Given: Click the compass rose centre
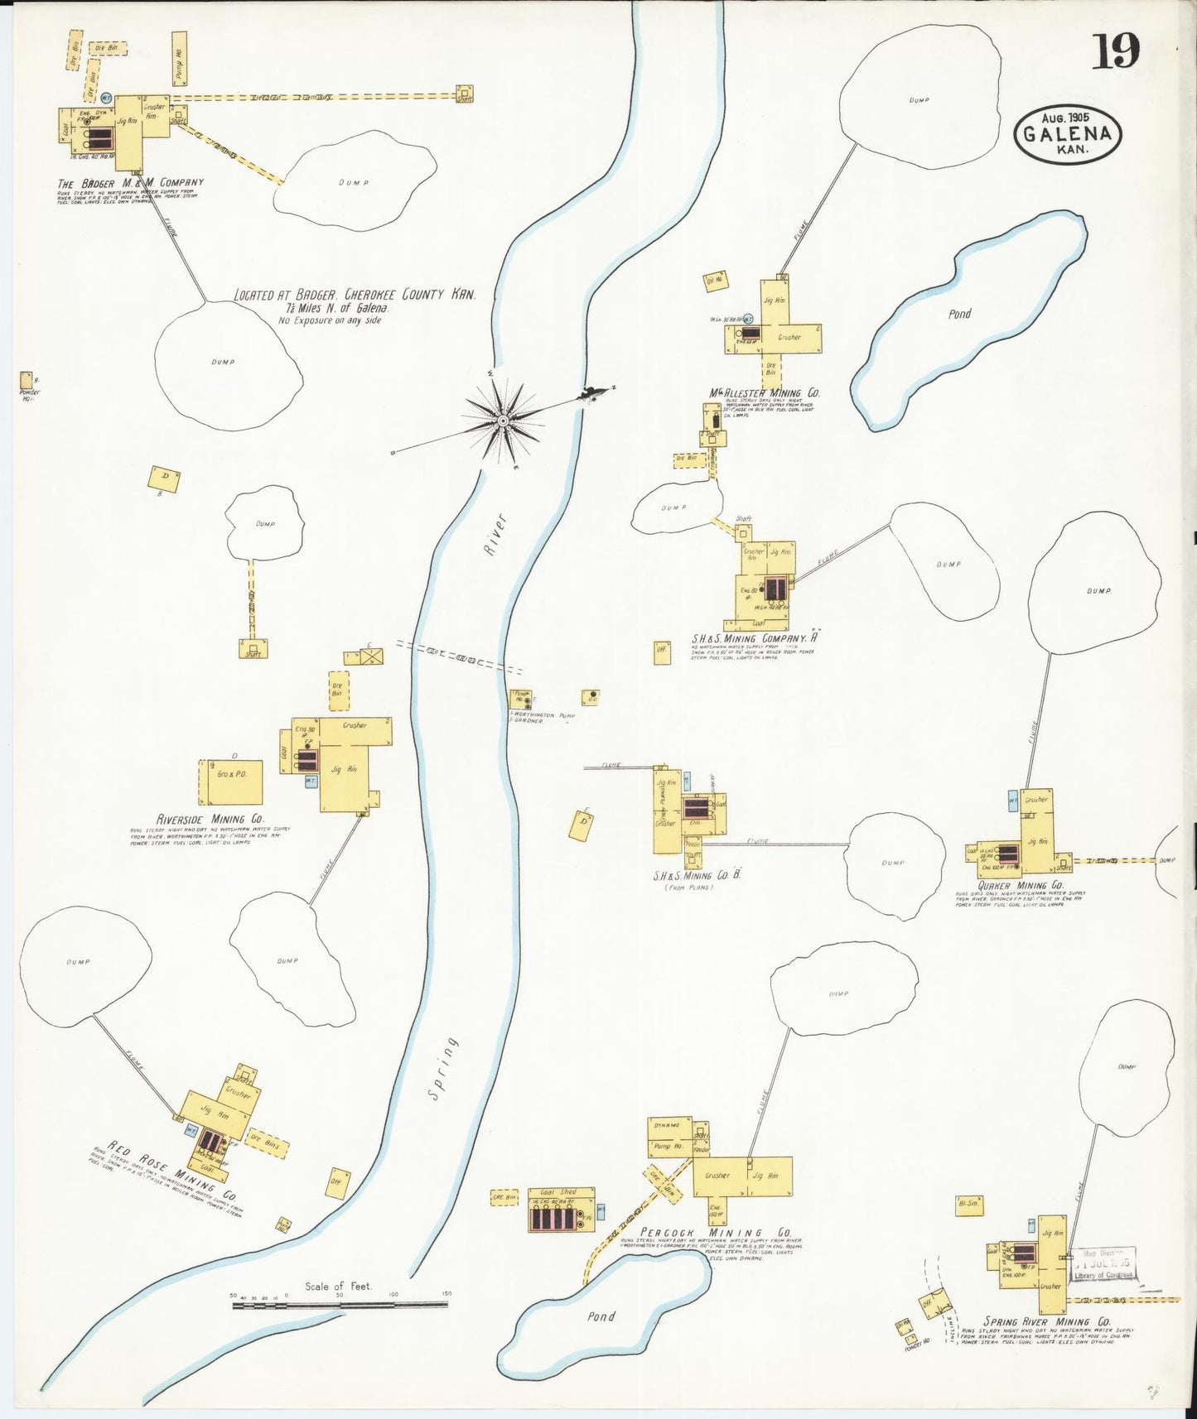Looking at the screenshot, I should (503, 421).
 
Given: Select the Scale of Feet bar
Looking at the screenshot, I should (340, 1305).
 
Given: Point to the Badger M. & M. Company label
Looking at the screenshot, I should (130, 183).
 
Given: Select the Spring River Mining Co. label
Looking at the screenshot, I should (1047, 1322).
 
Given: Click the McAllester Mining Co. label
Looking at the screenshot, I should (764, 393).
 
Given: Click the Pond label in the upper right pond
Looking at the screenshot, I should (959, 314).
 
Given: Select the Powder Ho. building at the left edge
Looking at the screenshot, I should (27, 381).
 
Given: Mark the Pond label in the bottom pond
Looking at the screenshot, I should (601, 1316).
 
